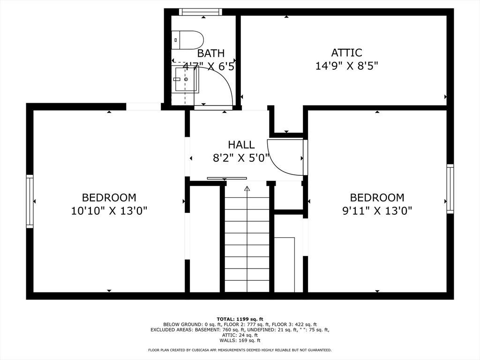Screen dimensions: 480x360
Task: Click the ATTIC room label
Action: click(346, 52)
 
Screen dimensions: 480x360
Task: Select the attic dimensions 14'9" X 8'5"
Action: click(346, 66)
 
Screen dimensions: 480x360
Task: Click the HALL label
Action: click(241, 144)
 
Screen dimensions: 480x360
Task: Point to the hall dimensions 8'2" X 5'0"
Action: click(241, 158)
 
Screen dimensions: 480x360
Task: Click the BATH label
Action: click(210, 53)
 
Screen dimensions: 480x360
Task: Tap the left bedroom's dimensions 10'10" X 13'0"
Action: click(109, 211)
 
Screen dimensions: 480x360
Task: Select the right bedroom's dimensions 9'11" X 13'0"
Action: click(377, 211)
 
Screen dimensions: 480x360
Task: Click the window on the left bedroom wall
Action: click(30, 202)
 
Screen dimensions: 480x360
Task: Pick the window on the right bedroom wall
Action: click(450, 188)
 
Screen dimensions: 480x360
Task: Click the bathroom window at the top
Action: click(200, 12)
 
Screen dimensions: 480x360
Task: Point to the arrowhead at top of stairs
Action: click(247, 188)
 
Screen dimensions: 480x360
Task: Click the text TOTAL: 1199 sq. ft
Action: click(240, 319)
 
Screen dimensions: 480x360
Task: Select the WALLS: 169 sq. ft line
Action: click(240, 340)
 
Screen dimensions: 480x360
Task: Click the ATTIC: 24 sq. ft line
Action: click(240, 335)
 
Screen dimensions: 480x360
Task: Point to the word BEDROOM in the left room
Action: click(109, 198)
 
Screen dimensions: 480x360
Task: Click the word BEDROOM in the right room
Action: click(377, 198)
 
